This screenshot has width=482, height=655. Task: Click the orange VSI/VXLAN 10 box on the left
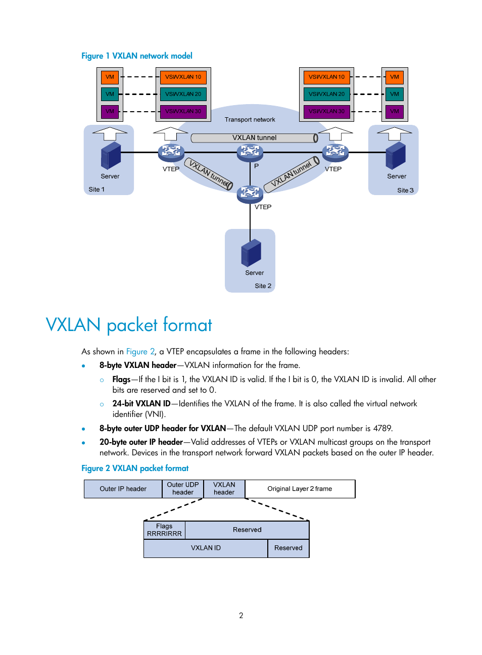point(183,77)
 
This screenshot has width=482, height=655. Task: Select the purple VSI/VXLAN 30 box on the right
point(326,111)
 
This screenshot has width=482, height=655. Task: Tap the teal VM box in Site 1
point(110,94)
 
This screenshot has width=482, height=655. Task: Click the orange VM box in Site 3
point(394,77)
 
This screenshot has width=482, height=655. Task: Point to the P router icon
point(250,151)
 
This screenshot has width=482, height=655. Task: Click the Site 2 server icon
point(251,253)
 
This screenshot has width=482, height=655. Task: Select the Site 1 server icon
point(111,156)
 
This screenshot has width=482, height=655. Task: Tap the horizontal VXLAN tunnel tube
point(254,138)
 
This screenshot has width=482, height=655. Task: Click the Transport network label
point(250,120)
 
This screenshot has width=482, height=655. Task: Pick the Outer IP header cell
point(123,489)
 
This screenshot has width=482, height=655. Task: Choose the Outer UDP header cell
point(183,489)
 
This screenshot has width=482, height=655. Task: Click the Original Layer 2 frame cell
point(300,489)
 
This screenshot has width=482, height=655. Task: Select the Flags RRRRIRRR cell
point(164,530)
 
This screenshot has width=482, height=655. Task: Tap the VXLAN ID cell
point(206,548)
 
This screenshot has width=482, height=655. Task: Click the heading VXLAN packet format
point(129,325)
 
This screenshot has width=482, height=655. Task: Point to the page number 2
point(241,616)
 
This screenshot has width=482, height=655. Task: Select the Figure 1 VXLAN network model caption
point(137,56)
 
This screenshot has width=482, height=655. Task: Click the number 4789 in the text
point(382,429)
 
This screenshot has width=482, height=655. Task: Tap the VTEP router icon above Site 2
point(250,193)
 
